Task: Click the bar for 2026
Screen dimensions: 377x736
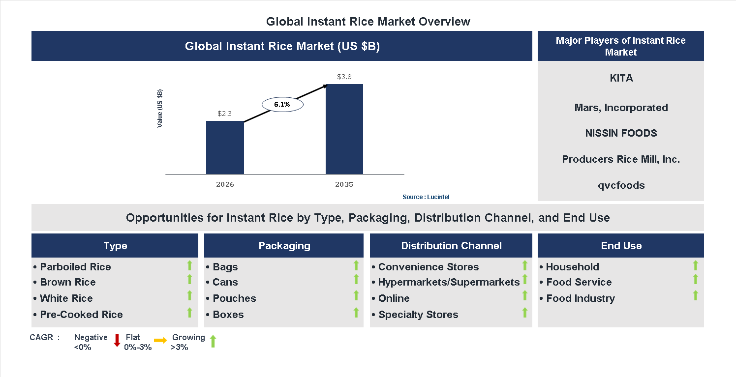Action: pyautogui.click(x=225, y=147)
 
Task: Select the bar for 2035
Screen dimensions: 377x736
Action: pyautogui.click(x=344, y=129)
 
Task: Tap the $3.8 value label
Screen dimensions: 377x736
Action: pyautogui.click(x=344, y=77)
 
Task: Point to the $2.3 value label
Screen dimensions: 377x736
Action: pyautogui.click(x=225, y=114)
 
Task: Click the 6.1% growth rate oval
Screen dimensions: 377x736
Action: pyautogui.click(x=282, y=104)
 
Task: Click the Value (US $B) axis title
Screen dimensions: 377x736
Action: pyautogui.click(x=160, y=109)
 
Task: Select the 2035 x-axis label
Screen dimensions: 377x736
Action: pyautogui.click(x=344, y=185)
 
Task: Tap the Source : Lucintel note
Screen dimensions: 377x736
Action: pyautogui.click(x=426, y=197)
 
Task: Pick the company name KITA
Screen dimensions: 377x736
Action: pyautogui.click(x=620, y=78)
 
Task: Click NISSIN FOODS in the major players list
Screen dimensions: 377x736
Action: pyautogui.click(x=620, y=133)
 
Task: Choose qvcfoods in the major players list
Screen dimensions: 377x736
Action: pyautogui.click(x=620, y=185)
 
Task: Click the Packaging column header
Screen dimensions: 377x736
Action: pyautogui.click(x=284, y=246)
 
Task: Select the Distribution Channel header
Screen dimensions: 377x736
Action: pyautogui.click(x=451, y=246)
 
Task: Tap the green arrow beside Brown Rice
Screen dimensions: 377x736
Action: pyautogui.click(x=189, y=280)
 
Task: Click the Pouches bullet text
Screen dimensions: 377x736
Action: pyautogui.click(x=234, y=298)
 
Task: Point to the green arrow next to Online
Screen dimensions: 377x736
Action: pyautogui.click(x=525, y=295)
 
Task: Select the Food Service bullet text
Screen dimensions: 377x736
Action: pyautogui.click(x=579, y=282)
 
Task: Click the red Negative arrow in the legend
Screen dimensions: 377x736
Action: pyautogui.click(x=117, y=340)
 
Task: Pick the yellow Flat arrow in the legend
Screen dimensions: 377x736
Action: pyautogui.click(x=160, y=340)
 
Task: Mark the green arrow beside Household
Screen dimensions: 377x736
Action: pyautogui.click(x=696, y=265)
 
